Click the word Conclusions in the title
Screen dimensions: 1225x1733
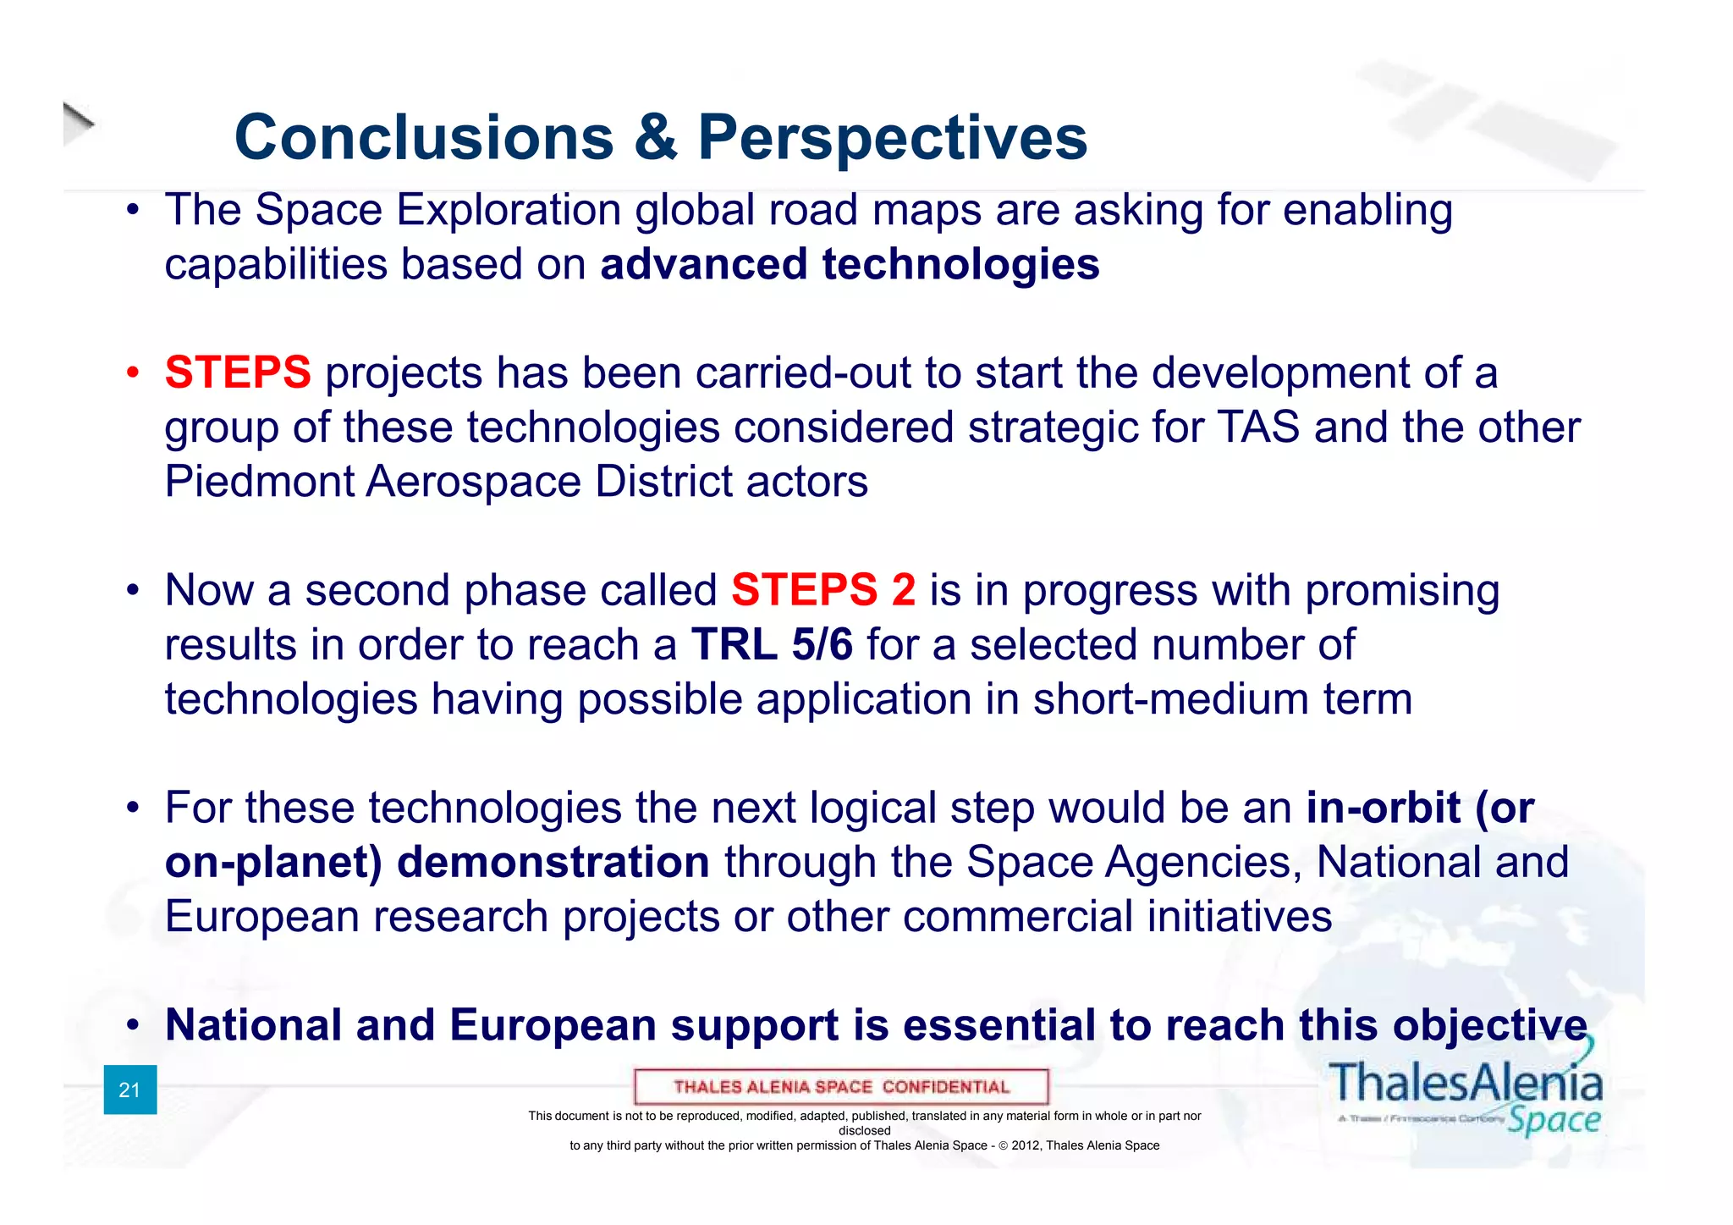click(x=423, y=138)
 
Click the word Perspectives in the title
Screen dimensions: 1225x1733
click(x=892, y=138)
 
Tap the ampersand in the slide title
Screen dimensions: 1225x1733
click(x=656, y=138)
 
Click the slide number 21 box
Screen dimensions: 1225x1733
click(x=129, y=1090)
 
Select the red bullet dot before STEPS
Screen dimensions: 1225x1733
click(x=132, y=373)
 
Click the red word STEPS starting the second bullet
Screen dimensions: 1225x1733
click(x=238, y=373)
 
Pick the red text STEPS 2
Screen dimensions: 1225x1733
click(x=822, y=590)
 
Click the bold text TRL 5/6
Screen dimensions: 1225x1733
click(x=772, y=645)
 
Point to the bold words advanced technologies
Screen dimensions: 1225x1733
click(x=850, y=264)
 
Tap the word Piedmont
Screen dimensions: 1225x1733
click(x=258, y=482)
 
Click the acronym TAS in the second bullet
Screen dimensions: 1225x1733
click(x=1257, y=427)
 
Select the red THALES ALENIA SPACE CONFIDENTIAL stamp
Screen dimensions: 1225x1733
click(x=841, y=1087)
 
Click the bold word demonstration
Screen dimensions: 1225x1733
click(x=553, y=863)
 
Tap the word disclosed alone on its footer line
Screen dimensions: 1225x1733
click(x=864, y=1131)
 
